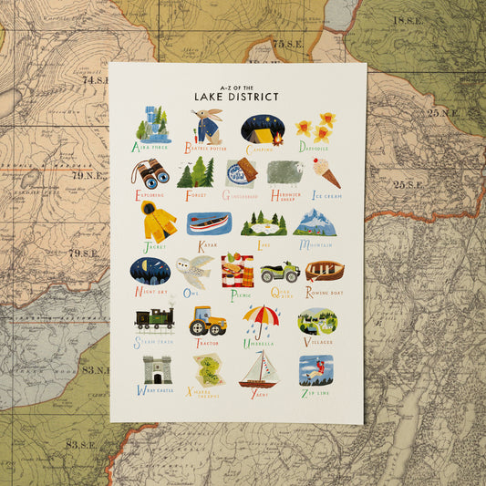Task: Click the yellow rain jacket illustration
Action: click(x=158, y=221)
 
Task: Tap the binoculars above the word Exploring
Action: click(x=150, y=172)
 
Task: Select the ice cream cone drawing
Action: click(x=326, y=172)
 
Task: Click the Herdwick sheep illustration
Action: click(x=285, y=173)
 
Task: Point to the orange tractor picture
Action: click(x=207, y=321)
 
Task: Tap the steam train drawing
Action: click(x=153, y=319)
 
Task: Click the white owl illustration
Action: click(x=195, y=271)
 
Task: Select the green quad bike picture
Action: click(x=279, y=271)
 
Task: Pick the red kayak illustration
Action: click(x=208, y=222)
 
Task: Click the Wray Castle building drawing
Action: click(x=157, y=369)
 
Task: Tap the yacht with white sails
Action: click(x=258, y=369)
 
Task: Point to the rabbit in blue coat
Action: click(x=207, y=126)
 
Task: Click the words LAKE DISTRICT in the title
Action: click(x=236, y=95)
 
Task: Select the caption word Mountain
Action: click(x=317, y=244)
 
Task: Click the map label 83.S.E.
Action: click(x=83, y=444)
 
